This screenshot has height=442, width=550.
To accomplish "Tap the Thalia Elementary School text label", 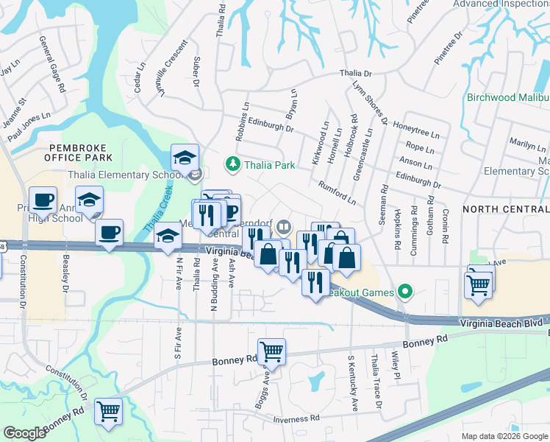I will pos(125,175).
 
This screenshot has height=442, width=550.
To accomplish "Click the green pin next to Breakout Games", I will pos(403,292).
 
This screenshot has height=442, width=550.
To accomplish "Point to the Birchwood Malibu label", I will pos(507,98).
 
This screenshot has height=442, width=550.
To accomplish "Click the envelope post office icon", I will pos(194,175).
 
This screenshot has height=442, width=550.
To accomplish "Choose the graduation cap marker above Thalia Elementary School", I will pos(185,156).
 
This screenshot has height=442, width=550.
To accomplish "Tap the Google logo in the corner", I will pos(24,433).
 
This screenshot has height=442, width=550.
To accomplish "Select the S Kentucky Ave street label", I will pos(353,383).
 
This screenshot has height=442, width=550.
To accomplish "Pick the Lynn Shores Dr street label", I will pos(369,100).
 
